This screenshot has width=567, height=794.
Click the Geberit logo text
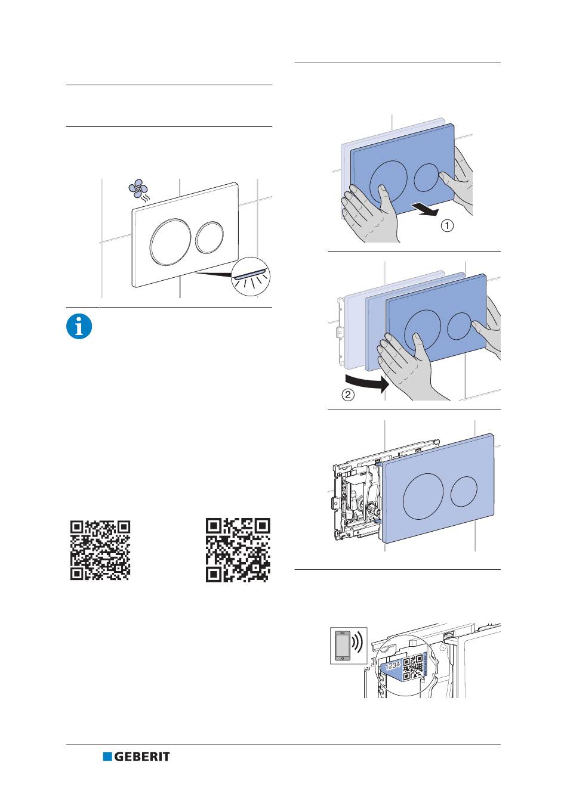pos(141,756)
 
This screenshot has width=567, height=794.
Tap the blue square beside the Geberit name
pos(107,756)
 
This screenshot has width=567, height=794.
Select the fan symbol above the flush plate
pos(138,188)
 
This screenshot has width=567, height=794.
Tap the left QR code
pos(100,550)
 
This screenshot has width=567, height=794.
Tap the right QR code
pos(238,550)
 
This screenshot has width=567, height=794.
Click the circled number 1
pos(448,225)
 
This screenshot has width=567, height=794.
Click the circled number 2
pos(348,395)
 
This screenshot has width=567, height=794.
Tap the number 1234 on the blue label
pos(393,666)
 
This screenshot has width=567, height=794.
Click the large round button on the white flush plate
pos(169,241)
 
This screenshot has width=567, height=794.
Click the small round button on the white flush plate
pos(209,237)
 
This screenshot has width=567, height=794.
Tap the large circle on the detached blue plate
pos(423,496)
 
